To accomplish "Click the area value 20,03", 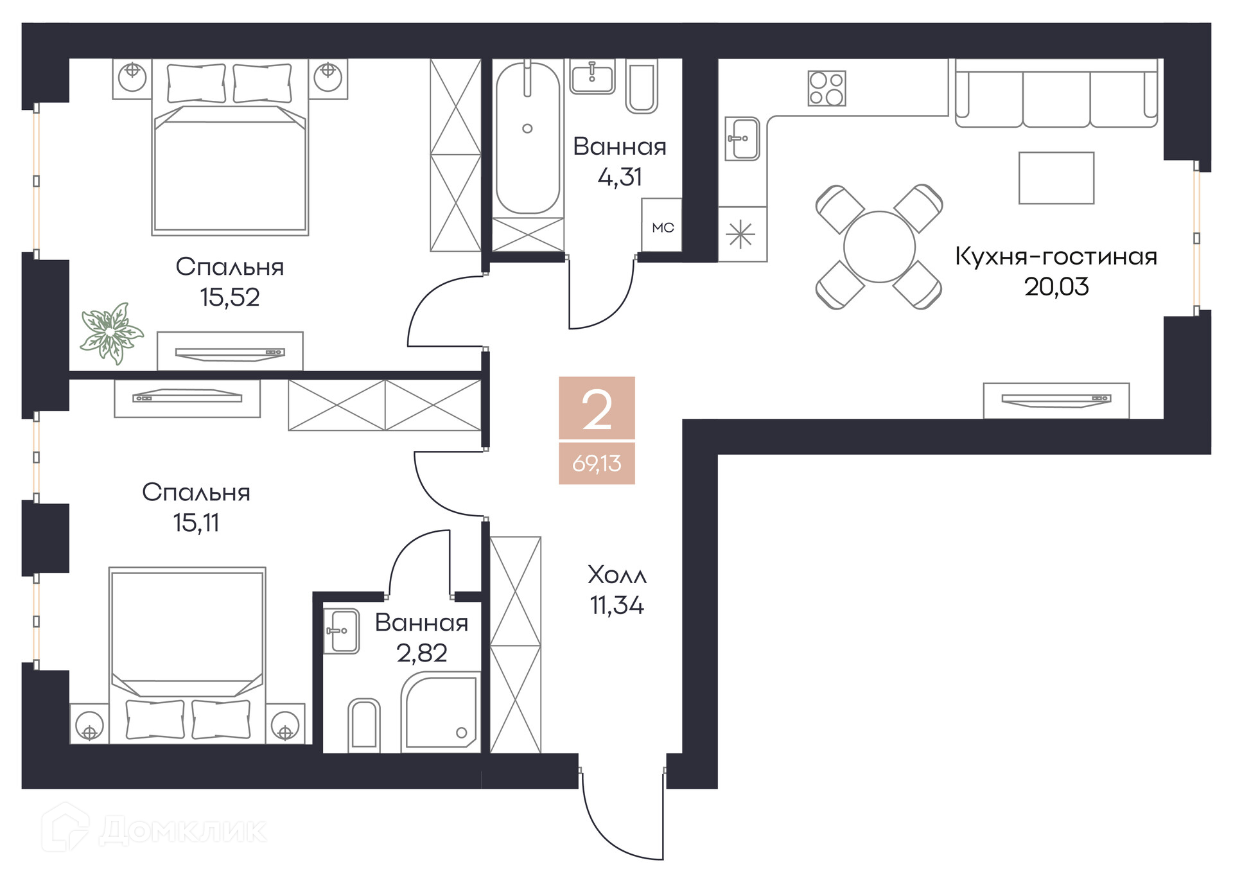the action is (x=1056, y=286).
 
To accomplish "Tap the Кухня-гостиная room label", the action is (x=1056, y=256).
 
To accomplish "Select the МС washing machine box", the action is (x=661, y=225).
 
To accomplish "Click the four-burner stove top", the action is (x=826, y=88).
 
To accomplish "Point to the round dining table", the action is (x=879, y=247).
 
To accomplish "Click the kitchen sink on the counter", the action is (x=742, y=138).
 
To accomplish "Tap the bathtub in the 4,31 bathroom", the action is (x=527, y=137).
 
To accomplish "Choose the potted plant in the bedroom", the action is (x=112, y=333).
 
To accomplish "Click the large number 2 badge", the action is (x=597, y=408).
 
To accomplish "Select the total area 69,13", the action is (x=597, y=463).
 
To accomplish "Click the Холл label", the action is (x=617, y=575).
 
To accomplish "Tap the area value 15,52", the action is (x=229, y=297).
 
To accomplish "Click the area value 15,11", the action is (x=196, y=523).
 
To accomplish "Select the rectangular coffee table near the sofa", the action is (x=1056, y=178).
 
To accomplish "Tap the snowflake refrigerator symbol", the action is (x=740, y=234).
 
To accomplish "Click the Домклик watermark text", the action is (x=183, y=830).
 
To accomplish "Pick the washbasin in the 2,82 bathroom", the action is (x=341, y=631).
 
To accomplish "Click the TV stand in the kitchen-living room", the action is (x=1056, y=401).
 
